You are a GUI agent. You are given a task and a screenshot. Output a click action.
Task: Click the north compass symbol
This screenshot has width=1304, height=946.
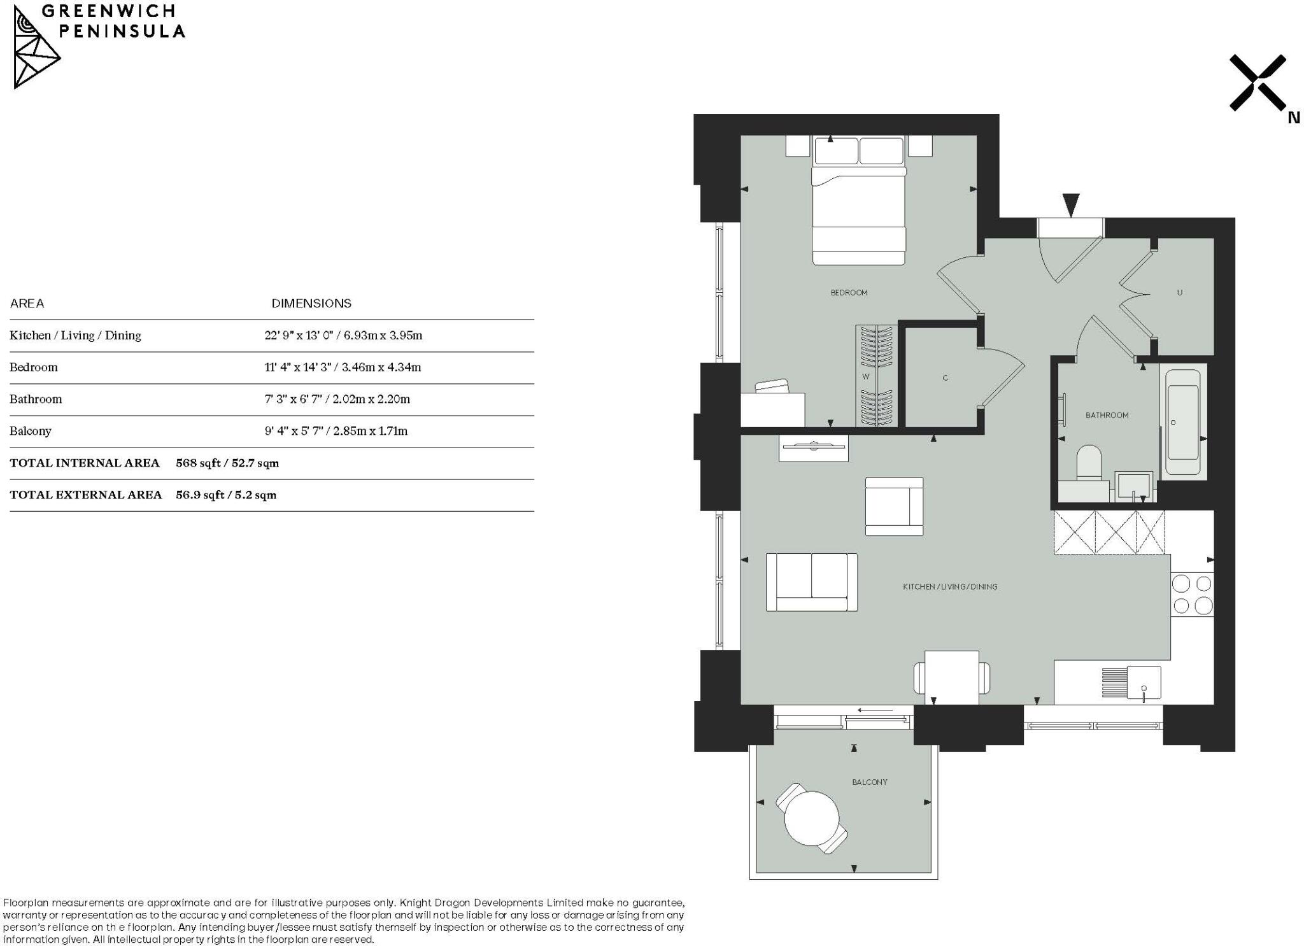point(1258,83)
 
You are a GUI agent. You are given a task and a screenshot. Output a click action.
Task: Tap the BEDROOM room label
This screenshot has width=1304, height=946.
point(849,293)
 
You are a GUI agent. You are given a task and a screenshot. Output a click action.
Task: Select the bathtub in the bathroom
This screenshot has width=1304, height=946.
point(1183,423)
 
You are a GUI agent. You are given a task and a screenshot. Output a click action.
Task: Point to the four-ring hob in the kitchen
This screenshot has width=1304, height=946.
point(1192,595)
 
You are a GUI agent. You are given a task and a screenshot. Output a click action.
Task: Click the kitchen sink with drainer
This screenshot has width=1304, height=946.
point(1131,682)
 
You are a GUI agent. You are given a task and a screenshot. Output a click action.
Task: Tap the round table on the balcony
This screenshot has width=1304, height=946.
point(812,818)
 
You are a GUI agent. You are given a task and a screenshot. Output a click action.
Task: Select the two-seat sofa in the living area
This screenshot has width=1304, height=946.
point(811,582)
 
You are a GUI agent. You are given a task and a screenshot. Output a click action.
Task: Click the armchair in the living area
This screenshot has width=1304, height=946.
point(894,507)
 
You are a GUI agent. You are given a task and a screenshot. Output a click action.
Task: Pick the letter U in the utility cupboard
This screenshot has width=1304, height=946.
point(1179,293)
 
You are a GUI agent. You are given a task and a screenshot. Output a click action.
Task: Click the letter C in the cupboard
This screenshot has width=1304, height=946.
point(945,378)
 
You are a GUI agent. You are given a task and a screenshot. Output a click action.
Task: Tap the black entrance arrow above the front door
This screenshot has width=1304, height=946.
point(1071,205)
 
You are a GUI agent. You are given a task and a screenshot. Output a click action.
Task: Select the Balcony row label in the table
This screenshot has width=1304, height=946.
point(30,431)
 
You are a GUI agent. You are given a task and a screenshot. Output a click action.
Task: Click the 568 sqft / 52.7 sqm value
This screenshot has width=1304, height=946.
point(227,463)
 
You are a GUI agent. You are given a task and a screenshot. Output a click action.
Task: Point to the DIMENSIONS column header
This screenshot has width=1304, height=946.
point(311,304)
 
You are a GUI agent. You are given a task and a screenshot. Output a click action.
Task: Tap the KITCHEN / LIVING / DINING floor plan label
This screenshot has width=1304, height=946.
point(949,587)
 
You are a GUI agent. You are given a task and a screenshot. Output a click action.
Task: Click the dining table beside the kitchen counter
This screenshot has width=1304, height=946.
point(951,677)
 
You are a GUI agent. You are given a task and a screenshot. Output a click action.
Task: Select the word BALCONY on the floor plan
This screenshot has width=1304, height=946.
point(869,782)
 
